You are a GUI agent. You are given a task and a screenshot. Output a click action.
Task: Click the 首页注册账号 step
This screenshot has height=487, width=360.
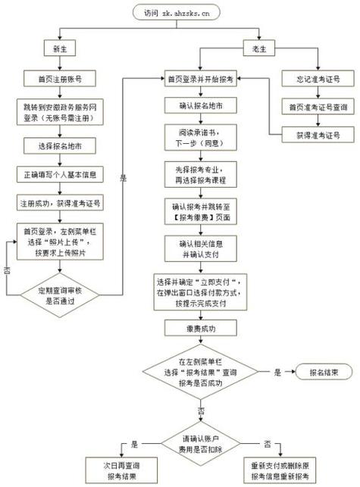point(61,78)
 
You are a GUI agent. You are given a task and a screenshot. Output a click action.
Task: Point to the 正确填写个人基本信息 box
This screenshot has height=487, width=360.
point(61,173)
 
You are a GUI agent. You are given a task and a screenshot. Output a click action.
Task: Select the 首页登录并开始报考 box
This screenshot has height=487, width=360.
point(201,78)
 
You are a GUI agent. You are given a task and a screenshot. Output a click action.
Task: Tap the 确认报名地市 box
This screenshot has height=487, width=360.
point(201,104)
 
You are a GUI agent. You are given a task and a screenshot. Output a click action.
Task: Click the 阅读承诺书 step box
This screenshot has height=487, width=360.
point(201,136)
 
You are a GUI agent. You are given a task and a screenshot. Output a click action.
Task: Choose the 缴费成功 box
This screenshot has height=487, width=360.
point(201,328)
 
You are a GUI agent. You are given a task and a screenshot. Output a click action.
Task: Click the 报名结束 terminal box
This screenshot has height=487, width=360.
point(318,372)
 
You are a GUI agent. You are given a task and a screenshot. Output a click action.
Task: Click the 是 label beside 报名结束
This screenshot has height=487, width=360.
point(277,372)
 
